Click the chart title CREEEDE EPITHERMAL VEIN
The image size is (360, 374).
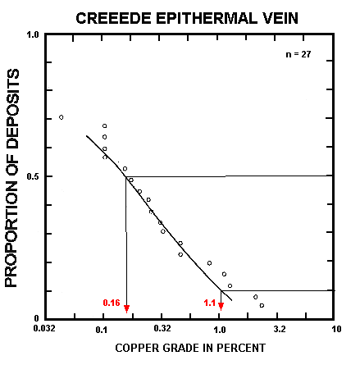187,16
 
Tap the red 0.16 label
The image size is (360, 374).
112,303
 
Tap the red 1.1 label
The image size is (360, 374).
210,303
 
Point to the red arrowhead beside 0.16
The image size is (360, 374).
126,308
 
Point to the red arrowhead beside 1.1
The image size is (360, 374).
221,308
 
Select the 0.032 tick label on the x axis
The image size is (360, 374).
44,330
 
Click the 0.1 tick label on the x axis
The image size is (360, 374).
103,330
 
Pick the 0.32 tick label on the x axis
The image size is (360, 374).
162,330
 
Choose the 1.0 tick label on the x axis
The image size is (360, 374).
221,330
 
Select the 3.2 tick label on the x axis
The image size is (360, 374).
279,330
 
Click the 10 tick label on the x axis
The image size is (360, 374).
336,330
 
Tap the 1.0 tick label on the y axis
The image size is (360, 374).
33,35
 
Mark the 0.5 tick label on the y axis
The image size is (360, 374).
33,176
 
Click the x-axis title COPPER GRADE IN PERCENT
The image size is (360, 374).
190,348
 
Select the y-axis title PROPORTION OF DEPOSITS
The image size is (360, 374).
12,176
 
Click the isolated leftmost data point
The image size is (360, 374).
62,117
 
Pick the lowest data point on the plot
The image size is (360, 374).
262,305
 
